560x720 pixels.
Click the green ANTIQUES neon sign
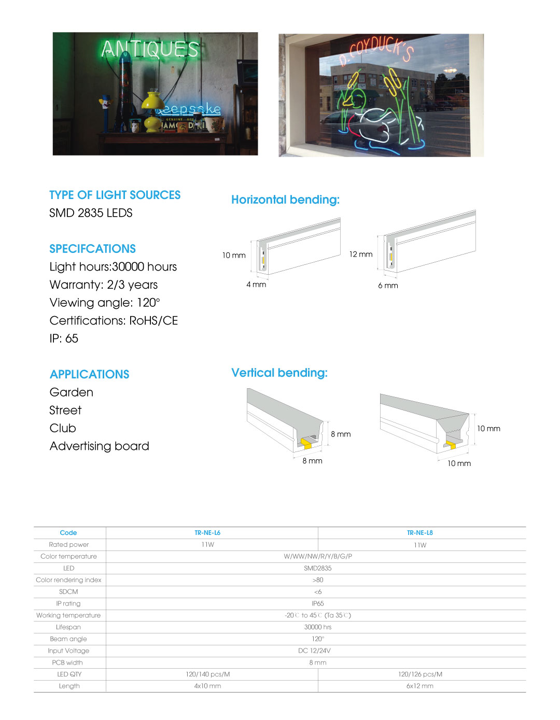click(x=150, y=49)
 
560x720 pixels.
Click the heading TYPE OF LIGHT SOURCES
click(x=115, y=195)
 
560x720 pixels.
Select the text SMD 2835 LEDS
click(x=91, y=213)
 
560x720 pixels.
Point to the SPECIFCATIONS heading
click(x=92, y=249)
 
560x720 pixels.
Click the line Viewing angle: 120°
click(x=105, y=303)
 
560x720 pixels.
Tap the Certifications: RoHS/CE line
click(x=114, y=321)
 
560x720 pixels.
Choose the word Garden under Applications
click(x=71, y=392)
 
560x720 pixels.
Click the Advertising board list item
click(x=99, y=446)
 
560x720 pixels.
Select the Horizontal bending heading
click(x=285, y=200)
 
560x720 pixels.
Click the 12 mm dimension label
click(x=361, y=255)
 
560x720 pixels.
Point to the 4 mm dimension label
click(x=256, y=285)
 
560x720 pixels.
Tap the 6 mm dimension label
click(x=388, y=286)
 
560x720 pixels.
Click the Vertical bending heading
click(x=279, y=373)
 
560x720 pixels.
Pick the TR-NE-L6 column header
click(x=207, y=533)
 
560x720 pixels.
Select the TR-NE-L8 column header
click(x=419, y=533)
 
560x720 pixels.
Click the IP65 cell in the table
click(x=317, y=603)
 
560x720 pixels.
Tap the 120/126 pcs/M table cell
click(x=420, y=674)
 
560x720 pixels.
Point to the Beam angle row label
click(x=68, y=639)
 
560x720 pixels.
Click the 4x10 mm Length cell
click(x=207, y=686)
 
